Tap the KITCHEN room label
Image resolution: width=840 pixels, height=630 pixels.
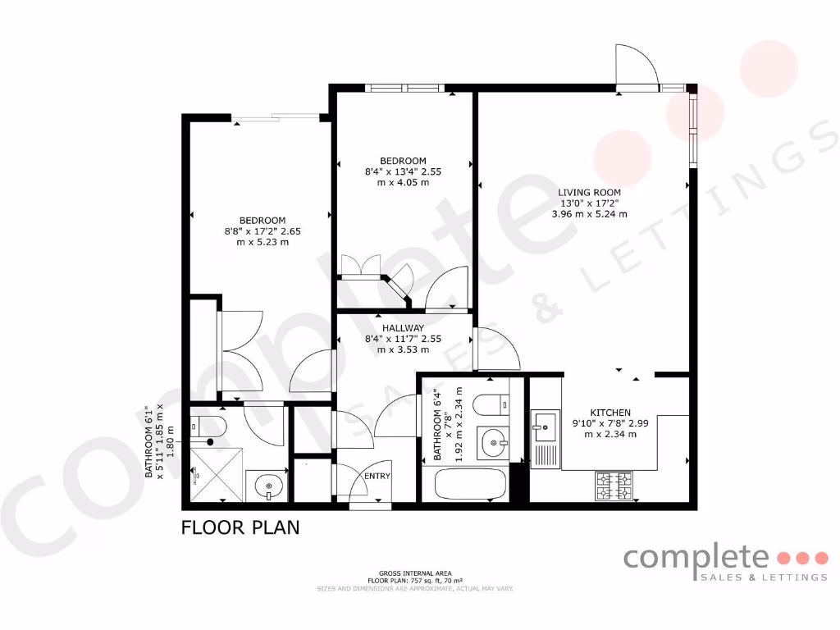[610, 413]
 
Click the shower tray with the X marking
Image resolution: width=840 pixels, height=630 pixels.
[217, 472]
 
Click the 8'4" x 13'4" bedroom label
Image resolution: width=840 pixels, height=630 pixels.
[402, 160]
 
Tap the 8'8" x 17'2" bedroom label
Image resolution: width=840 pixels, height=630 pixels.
[262, 220]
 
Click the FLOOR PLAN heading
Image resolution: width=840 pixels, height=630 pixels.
[240, 527]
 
